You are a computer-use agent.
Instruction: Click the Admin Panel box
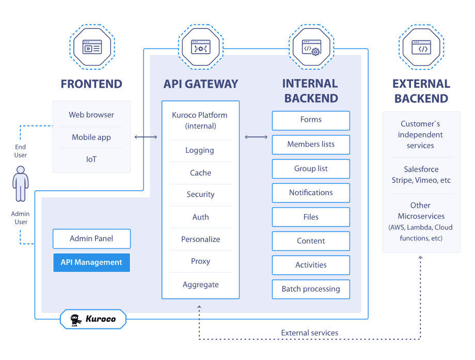(x=91, y=239)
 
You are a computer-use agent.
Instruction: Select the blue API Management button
(x=91, y=262)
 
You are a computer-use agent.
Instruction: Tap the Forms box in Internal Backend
(x=311, y=120)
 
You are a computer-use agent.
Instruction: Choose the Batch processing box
(x=311, y=289)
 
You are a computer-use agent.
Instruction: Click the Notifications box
(x=311, y=193)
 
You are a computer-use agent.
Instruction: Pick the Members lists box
(x=311, y=145)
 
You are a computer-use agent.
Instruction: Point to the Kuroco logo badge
(x=93, y=319)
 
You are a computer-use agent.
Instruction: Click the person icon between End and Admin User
(x=21, y=183)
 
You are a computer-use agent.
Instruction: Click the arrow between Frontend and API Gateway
(x=146, y=137)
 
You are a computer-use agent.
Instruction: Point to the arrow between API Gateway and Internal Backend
(x=256, y=137)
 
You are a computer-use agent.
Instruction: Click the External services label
(x=309, y=333)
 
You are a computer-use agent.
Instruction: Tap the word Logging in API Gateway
(x=200, y=150)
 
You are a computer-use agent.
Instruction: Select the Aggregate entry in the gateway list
(x=200, y=285)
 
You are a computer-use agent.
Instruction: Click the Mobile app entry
(x=91, y=137)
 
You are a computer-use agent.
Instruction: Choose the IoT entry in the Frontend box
(x=91, y=160)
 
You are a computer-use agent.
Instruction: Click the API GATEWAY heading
(x=201, y=84)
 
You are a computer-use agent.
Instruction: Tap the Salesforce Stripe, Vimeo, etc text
(x=421, y=175)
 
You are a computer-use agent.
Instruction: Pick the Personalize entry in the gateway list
(x=200, y=239)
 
